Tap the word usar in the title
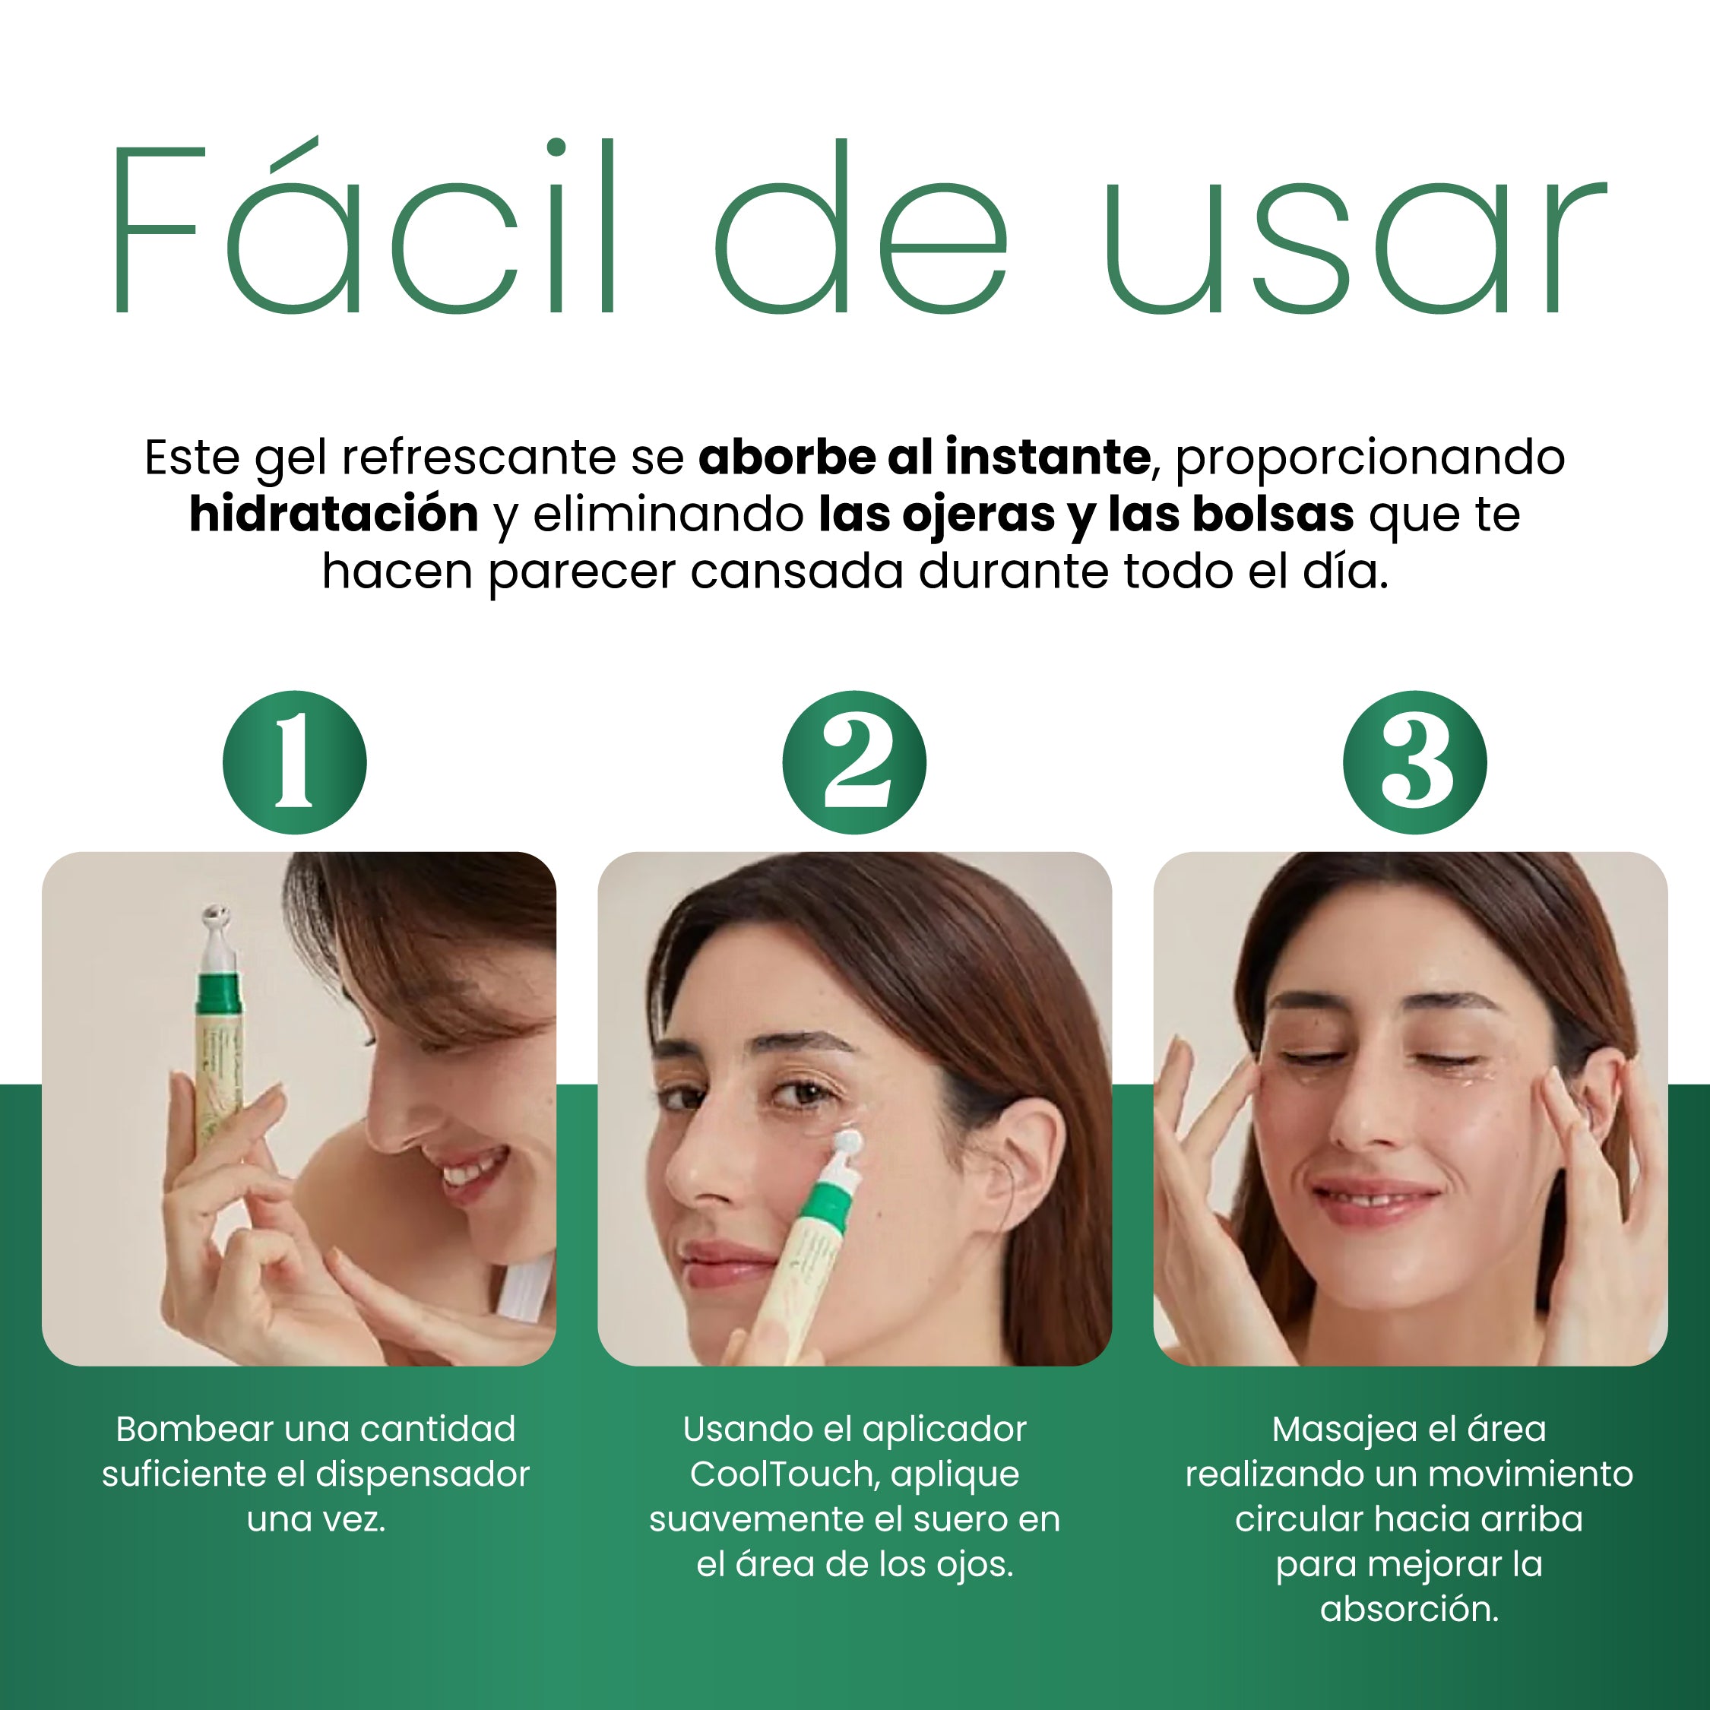(x=1354, y=247)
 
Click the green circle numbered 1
(x=294, y=762)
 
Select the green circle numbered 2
(x=854, y=762)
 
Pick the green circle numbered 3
(x=1414, y=762)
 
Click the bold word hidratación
(x=334, y=515)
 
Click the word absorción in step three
(x=1409, y=1609)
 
